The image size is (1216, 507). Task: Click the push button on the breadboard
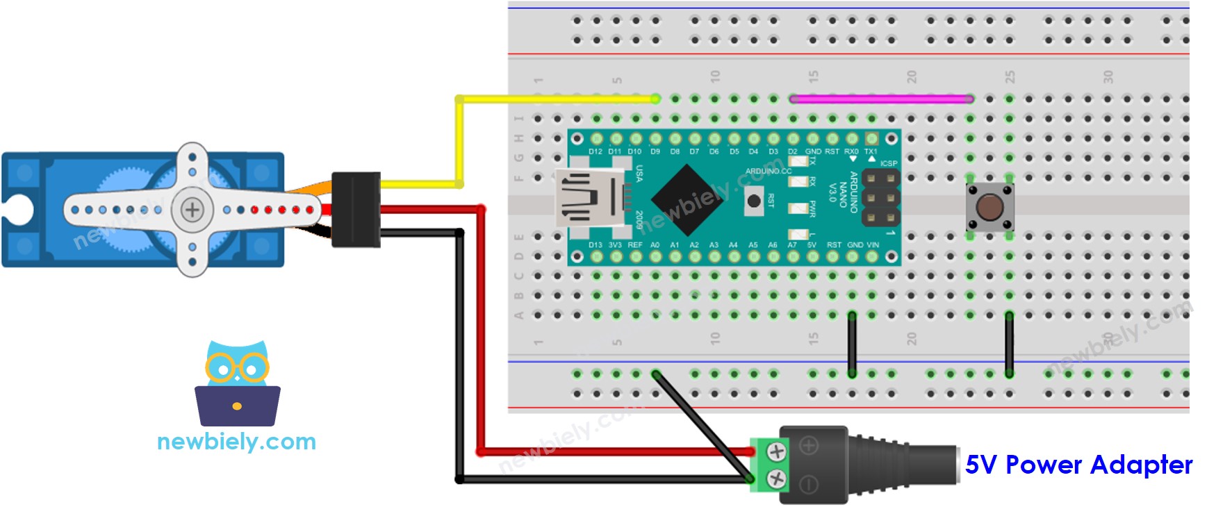[989, 206]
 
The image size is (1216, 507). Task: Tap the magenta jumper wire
[881, 99]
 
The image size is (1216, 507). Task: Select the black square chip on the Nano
[687, 198]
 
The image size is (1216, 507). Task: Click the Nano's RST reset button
[753, 201]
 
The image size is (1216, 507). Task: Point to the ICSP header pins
[880, 198]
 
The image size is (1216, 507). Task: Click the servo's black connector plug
[356, 209]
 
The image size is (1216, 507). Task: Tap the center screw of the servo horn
[192, 209]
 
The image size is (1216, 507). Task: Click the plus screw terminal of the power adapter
[776, 452]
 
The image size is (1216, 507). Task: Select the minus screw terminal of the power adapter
[776, 478]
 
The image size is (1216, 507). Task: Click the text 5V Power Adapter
[1078, 464]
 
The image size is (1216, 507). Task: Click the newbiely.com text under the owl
[236, 442]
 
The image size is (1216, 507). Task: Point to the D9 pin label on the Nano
[655, 151]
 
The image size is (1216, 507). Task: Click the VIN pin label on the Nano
[873, 244]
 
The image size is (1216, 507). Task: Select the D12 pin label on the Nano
[595, 151]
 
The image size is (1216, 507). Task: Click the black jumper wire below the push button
[1009, 344]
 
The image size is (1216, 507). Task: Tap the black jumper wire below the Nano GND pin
[852, 344]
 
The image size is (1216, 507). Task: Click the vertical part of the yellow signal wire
[459, 142]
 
